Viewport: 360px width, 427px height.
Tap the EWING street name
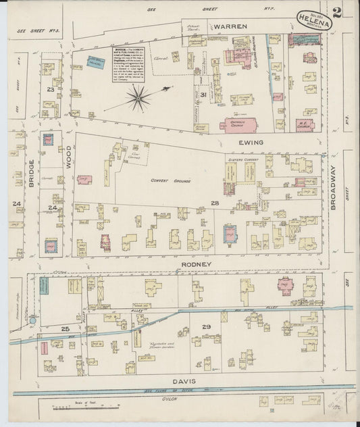click(x=250, y=143)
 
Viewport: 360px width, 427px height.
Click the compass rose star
click(x=138, y=98)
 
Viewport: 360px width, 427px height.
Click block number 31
click(x=203, y=95)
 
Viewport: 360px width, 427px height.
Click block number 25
click(x=66, y=329)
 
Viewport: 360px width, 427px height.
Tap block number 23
click(x=50, y=89)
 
